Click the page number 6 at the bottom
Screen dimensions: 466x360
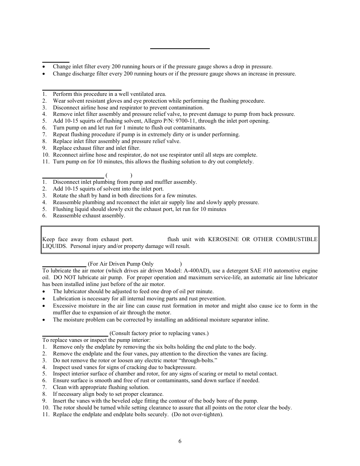point(180,441)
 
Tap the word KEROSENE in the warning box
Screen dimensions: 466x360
point(224,239)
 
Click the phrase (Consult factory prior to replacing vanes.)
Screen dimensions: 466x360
point(159,333)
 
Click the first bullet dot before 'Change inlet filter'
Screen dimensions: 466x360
point(45,67)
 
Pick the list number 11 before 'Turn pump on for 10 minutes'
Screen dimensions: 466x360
point(45,161)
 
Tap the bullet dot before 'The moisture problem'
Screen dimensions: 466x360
point(45,320)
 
